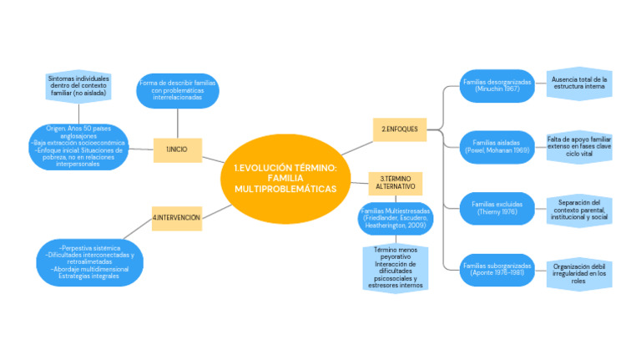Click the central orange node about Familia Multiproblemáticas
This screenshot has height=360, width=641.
click(285, 179)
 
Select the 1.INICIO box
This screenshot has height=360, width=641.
click(177, 149)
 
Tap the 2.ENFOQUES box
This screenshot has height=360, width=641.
click(399, 129)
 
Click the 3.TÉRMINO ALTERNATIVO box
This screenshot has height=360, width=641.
click(395, 183)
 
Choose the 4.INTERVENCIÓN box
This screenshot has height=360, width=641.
click(176, 218)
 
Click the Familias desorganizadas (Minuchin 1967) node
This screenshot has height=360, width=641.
click(497, 85)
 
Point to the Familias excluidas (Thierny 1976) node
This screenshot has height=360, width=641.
click(497, 207)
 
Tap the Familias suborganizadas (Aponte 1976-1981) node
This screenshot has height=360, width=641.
click(497, 268)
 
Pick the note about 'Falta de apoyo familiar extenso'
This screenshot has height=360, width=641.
click(579, 145)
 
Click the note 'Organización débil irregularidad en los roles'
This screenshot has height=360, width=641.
click(579, 272)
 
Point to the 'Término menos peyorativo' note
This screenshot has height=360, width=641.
click(396, 267)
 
